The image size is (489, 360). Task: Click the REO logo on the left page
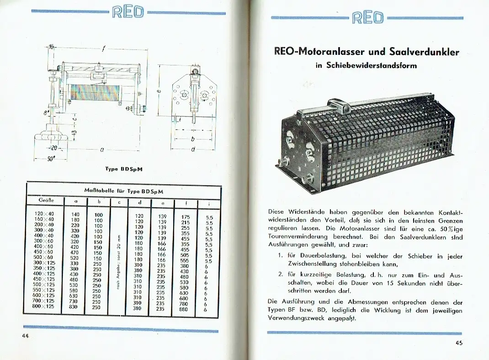coord(128,11)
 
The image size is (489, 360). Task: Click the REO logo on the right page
coord(367,17)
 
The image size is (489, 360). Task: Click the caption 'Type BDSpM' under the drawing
coord(124,169)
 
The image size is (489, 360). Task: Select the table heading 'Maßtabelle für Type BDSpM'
coord(124,190)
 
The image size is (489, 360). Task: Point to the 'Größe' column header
coord(46,200)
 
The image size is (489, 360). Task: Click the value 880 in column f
coord(184,309)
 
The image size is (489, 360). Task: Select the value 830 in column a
coord(74,307)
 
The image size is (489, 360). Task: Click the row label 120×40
coord(45,214)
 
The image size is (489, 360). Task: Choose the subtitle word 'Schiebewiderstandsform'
coord(372,65)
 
